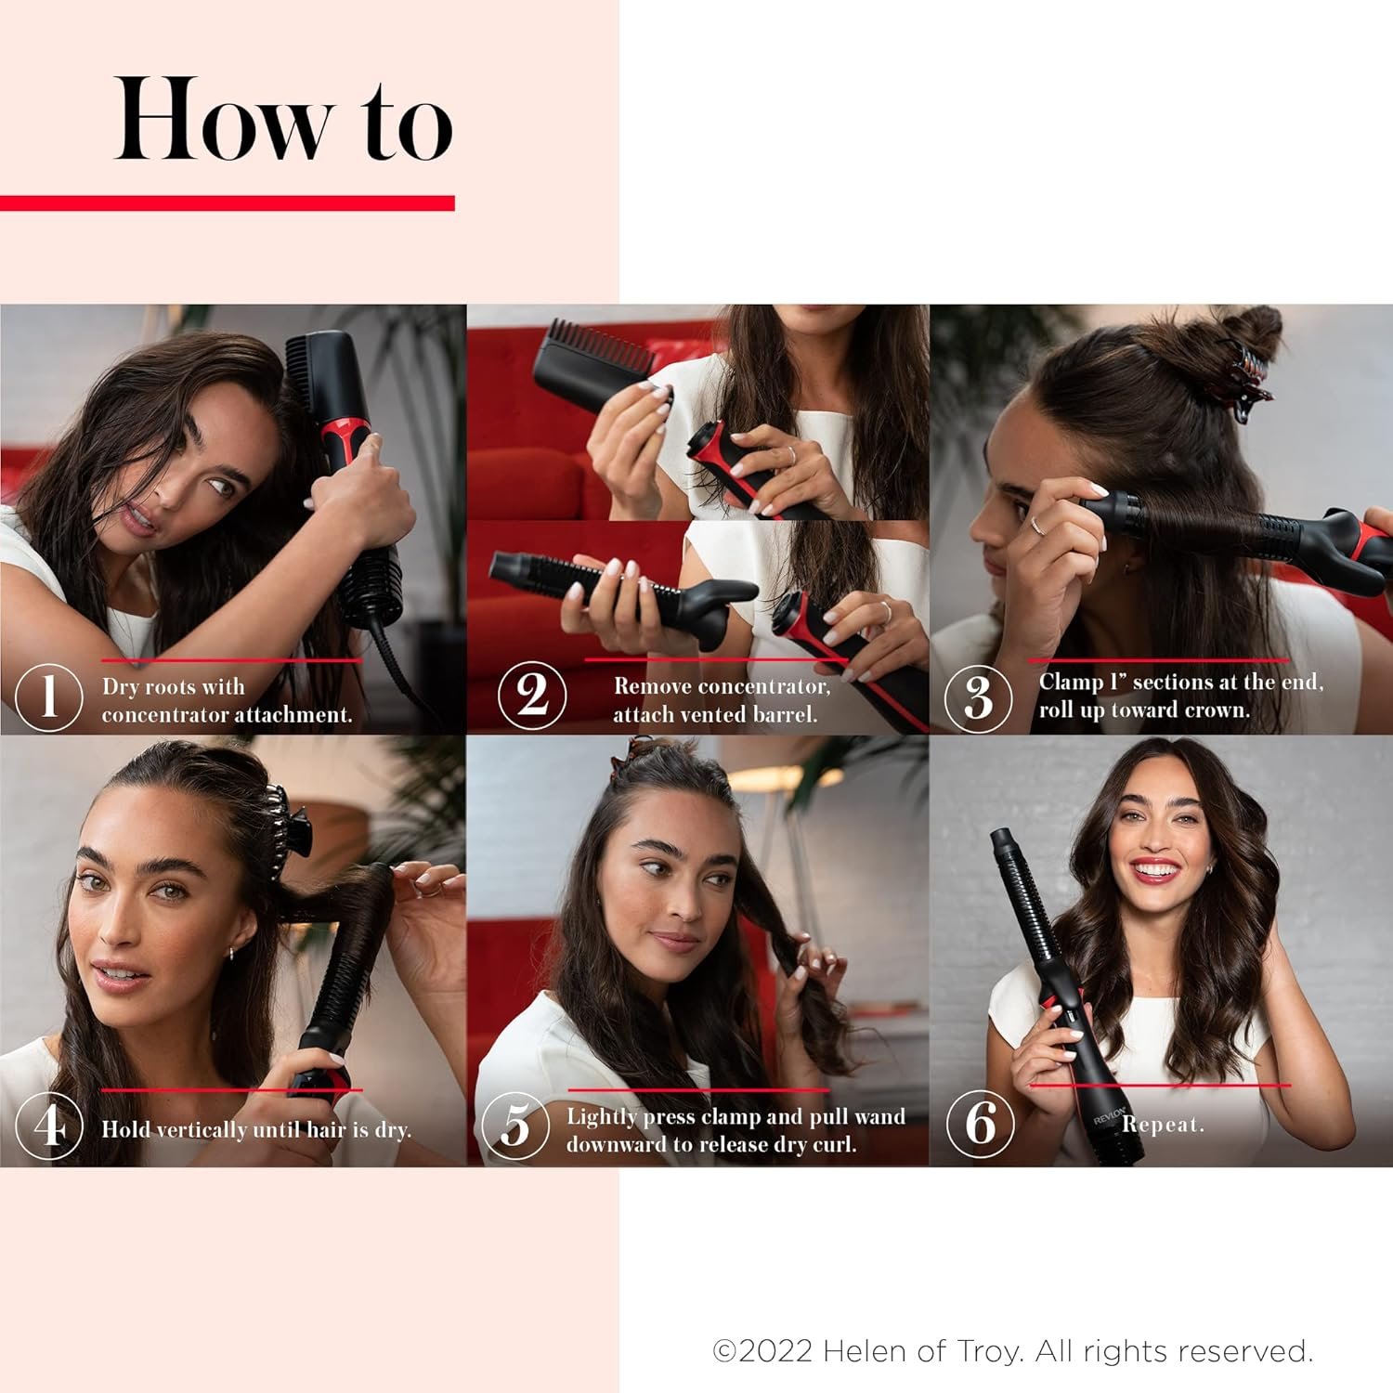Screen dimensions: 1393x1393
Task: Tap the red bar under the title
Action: [x=228, y=202]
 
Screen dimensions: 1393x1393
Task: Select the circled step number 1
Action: [x=48, y=696]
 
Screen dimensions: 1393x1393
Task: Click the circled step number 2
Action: [x=531, y=696]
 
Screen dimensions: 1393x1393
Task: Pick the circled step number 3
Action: [x=978, y=697]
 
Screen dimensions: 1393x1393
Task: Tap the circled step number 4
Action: [x=48, y=1126]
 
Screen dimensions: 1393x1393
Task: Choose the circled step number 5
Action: [x=515, y=1126]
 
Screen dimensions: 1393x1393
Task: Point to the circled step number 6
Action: [x=980, y=1124]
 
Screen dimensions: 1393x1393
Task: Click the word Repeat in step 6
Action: [x=1162, y=1125]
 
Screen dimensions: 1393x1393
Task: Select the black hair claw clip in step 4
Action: [x=286, y=827]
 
